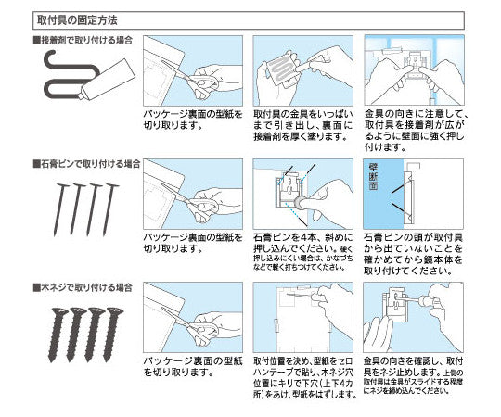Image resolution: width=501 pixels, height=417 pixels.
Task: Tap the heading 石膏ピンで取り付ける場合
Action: coord(84,163)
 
